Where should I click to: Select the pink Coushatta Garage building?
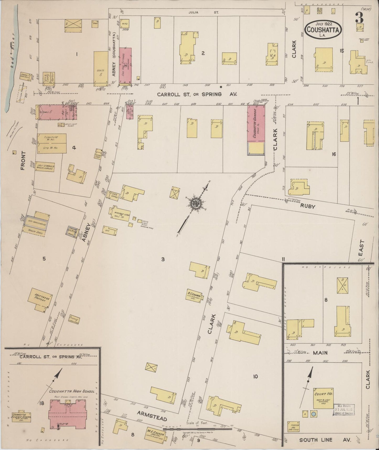click(x=256, y=123)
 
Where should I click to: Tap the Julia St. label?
click(x=203, y=12)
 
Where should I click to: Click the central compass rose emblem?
click(x=195, y=203)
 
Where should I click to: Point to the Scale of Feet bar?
click(x=197, y=428)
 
